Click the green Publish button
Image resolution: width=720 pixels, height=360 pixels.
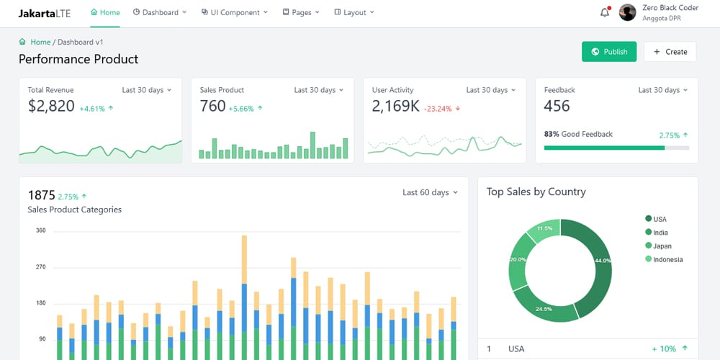tap(609, 52)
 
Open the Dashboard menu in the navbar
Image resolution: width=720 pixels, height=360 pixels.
tap(160, 12)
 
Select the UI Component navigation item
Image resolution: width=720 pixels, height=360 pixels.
tap(235, 12)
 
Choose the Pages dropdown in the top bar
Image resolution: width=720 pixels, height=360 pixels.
tap(301, 12)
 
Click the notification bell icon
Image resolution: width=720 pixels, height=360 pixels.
tap(605, 12)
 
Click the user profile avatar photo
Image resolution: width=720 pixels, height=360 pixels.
tap(628, 12)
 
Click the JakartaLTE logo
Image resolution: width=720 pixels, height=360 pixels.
tap(45, 12)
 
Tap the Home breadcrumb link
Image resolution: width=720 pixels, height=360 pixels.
tap(40, 42)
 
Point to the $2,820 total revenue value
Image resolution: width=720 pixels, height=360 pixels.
tap(51, 107)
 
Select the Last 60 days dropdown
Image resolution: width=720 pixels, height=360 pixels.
tap(430, 192)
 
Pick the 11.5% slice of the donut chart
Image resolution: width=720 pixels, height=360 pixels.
tap(544, 230)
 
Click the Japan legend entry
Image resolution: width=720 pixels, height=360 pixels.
tap(662, 246)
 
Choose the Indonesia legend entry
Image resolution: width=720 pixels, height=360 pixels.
tap(667, 259)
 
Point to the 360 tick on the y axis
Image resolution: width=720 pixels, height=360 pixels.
tap(40, 231)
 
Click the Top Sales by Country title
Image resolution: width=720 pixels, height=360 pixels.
tap(536, 192)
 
